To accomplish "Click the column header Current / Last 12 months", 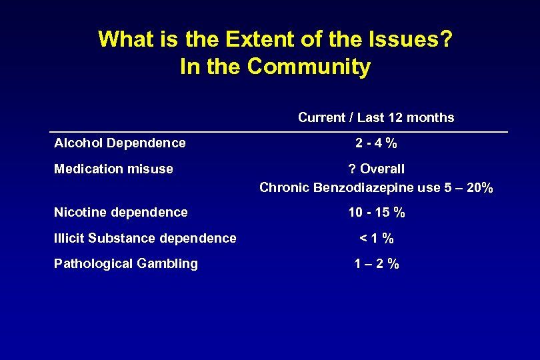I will click(376, 118).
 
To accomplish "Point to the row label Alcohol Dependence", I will click(120, 143).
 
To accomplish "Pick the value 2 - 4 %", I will click(377, 143).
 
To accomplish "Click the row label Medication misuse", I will click(113, 169).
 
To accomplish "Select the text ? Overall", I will click(377, 169).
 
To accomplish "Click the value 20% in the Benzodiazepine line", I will click(480, 187).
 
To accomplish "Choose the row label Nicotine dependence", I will click(121, 213).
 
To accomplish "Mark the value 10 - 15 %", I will click(377, 213).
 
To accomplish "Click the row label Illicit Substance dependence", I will click(145, 238).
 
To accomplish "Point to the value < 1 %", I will click(377, 238).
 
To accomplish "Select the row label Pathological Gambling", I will click(126, 263).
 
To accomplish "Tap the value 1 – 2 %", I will click(377, 263).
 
